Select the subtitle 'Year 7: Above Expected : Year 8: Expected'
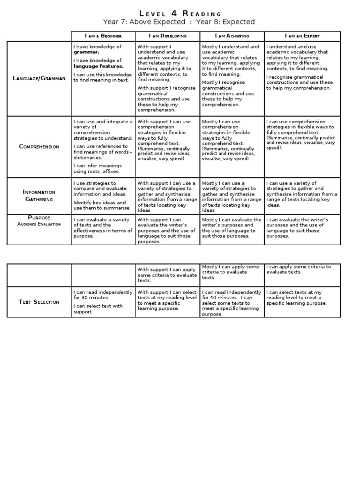[179, 22]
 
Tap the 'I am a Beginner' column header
[103, 36]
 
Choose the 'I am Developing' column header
[167, 36]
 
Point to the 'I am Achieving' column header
[232, 36]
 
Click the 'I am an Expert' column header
[302, 36]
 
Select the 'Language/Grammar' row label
[39, 78]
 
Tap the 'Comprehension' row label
[39, 147]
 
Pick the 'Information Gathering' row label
[39, 195]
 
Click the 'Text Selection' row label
[39, 302]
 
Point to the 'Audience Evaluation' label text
[39, 224]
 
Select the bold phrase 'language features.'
[98, 66]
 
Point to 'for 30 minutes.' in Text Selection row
[91, 298]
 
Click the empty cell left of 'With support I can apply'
[103, 275]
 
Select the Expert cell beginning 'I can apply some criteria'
[302, 275]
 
